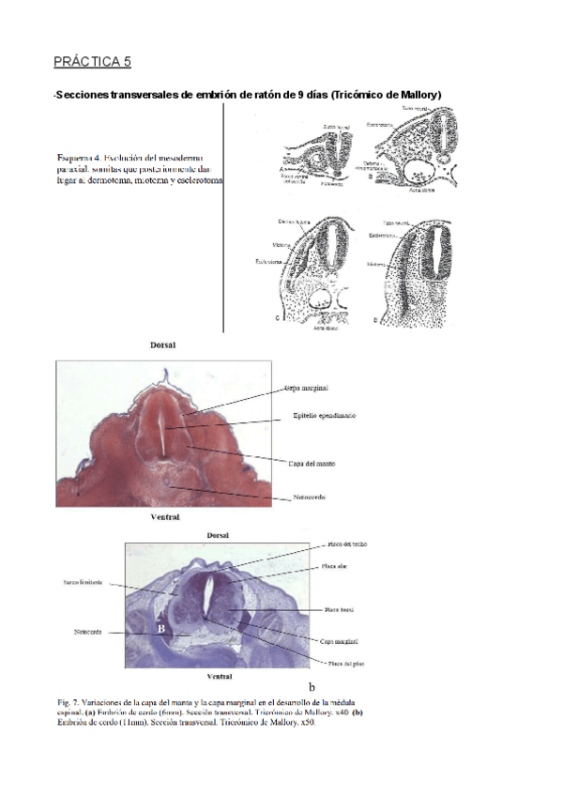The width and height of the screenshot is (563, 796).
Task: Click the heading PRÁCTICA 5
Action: pyautogui.click(x=92, y=62)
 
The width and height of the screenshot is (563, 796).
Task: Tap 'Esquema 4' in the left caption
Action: pyautogui.click(x=79, y=157)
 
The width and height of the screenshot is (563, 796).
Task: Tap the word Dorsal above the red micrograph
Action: pyautogui.click(x=163, y=345)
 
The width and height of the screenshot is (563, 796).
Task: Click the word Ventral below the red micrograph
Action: pyautogui.click(x=165, y=516)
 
